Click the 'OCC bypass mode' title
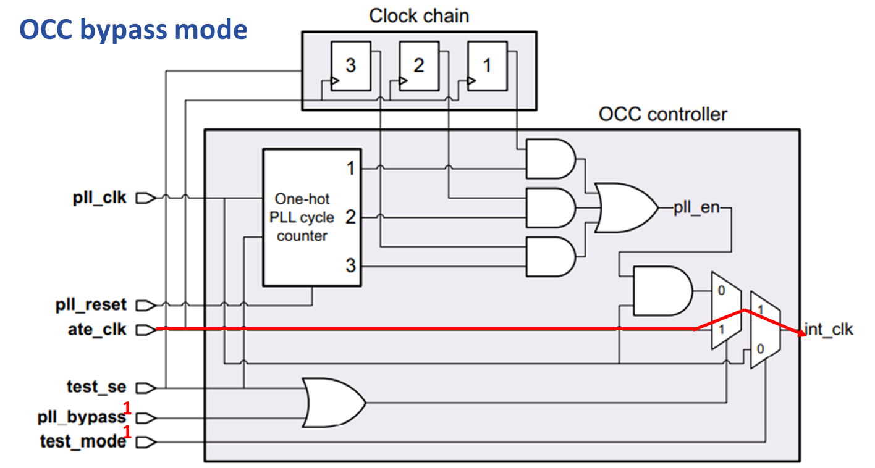coord(133,29)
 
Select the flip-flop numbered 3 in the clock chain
coord(350,66)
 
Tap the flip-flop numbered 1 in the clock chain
coord(487,66)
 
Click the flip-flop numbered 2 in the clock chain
coord(418,66)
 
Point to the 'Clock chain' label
coord(418,15)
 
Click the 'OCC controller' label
coord(662,114)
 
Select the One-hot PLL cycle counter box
coord(311,217)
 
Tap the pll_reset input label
coord(91,305)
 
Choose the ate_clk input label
coord(97,330)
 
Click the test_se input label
coord(96,387)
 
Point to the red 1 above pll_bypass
coord(128,407)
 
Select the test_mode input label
coord(83,442)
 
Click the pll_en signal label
coord(696,208)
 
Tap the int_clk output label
coord(829,329)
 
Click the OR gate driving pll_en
coord(624,207)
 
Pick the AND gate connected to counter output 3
coord(549,256)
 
